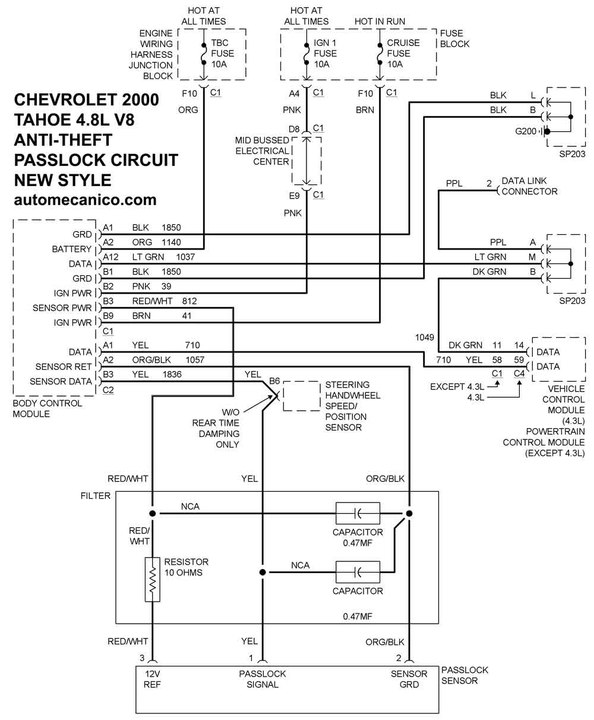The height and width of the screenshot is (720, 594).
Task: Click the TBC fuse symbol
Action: click(x=204, y=54)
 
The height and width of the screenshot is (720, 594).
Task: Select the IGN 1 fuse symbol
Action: click(x=307, y=54)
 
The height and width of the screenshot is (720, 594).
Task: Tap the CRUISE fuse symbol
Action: click(x=380, y=54)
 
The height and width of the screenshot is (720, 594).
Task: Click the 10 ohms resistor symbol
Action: click(x=152, y=579)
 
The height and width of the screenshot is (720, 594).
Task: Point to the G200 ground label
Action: click(x=526, y=131)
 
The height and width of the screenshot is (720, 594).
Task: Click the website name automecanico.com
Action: click(x=85, y=200)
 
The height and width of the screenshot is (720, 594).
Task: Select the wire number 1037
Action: click(x=185, y=257)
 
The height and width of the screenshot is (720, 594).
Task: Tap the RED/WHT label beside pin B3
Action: click(x=152, y=301)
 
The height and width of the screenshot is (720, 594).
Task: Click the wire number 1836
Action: click(x=172, y=375)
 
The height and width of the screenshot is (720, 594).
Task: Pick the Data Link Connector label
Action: click(x=529, y=186)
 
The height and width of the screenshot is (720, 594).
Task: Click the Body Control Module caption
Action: click(x=48, y=408)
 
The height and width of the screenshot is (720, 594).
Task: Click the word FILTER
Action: click(x=96, y=496)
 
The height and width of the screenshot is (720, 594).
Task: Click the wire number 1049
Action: click(x=425, y=337)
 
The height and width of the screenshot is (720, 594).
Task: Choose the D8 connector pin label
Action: click(x=294, y=129)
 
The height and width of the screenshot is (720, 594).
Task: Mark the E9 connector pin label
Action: click(x=294, y=196)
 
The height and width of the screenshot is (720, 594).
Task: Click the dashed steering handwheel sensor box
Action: click(x=302, y=381)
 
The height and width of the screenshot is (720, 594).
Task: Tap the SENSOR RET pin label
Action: click(x=64, y=367)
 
